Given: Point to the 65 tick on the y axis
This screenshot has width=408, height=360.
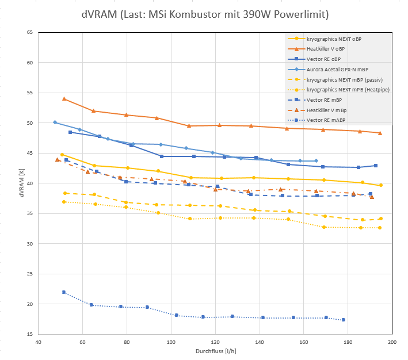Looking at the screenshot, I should point(29,32).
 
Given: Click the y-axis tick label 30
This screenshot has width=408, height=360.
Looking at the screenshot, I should point(29,244).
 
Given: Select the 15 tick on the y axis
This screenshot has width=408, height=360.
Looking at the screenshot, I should point(29,334).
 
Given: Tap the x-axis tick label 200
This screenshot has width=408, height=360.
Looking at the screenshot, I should point(392,342).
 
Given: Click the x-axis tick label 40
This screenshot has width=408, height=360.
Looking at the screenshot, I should point(38,342).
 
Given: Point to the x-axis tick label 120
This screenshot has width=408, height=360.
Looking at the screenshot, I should point(215,342).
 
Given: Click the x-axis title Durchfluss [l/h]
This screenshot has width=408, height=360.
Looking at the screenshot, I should point(215,351).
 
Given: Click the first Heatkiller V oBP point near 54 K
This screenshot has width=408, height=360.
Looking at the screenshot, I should point(64,99).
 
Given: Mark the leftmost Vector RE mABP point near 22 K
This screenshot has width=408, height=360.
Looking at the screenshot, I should point(64,292).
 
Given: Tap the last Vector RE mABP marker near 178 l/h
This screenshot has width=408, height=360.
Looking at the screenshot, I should point(344,320).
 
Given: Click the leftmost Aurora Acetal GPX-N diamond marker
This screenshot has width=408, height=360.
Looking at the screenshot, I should point(55,122).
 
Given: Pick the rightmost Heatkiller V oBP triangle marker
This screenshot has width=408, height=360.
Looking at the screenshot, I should point(380,133).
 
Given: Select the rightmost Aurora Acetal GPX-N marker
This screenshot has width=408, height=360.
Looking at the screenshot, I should point(316,161).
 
